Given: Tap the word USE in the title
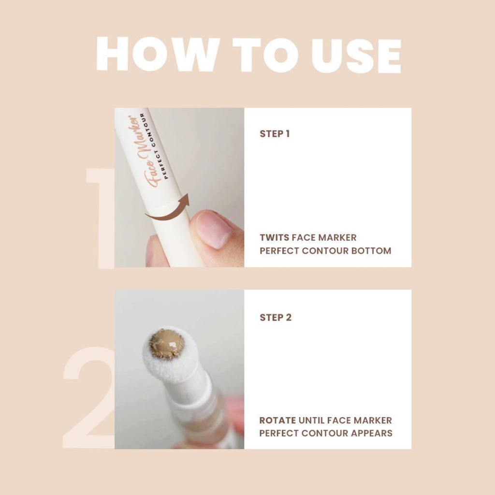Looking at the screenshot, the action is [356, 56].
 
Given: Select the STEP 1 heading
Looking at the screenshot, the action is [275, 134].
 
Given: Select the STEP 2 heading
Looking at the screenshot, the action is [275, 317].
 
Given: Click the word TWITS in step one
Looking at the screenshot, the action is [275, 237].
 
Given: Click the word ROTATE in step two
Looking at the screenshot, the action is [277, 420].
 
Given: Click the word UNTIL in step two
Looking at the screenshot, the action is [311, 420].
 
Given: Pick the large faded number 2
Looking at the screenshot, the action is [89, 398].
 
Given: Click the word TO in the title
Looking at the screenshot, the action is [265, 55].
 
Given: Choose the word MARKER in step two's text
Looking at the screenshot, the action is [373, 420].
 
